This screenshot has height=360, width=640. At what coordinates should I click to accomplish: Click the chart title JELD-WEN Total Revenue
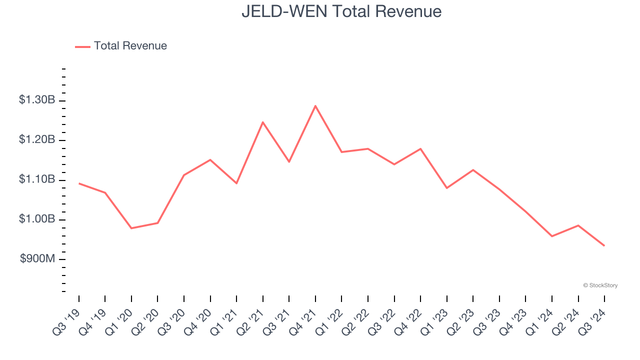[x=341, y=11]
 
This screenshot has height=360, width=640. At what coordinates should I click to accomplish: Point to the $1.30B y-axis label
[x=37, y=100]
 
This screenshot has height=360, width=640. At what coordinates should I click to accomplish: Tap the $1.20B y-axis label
[x=37, y=139]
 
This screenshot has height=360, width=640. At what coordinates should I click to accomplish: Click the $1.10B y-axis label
[x=37, y=179]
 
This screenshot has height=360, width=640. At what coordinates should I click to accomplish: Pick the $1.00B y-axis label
[x=37, y=219]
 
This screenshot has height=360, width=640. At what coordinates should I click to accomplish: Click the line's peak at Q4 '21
[x=315, y=105]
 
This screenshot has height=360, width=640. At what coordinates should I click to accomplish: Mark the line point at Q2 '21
[x=263, y=122]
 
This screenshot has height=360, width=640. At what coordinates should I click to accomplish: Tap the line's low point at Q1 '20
[x=131, y=228]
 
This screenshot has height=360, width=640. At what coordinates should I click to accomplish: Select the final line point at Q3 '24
[x=604, y=245]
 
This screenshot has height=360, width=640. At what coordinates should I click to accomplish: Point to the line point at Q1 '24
[x=551, y=236]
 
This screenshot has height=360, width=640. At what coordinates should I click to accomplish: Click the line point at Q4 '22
[x=420, y=148]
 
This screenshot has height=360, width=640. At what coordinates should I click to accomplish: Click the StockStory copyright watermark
[x=600, y=285]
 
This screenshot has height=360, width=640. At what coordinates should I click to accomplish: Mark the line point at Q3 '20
[x=184, y=175]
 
